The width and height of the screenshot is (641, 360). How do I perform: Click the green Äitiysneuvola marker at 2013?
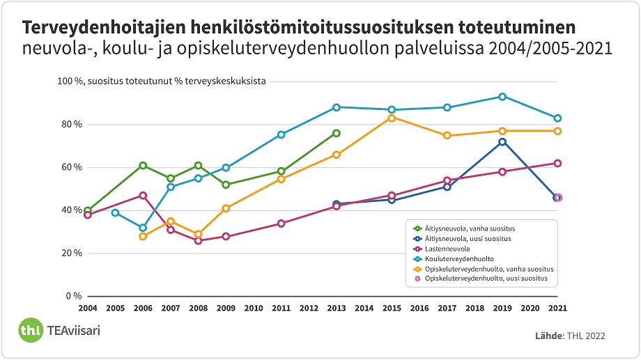coord(336,133)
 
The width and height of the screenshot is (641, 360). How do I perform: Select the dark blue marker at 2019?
coord(502,142)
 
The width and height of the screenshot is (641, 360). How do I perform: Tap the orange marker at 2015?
coord(392,118)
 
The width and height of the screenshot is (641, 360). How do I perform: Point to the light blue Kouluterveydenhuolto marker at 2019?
coord(502,97)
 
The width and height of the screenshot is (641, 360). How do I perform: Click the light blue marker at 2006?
coord(143,228)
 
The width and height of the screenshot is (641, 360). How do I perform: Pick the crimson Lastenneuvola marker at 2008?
coord(198,241)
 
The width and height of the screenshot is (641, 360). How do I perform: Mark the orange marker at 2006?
coord(143,237)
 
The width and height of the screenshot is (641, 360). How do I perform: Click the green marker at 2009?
coord(226,185)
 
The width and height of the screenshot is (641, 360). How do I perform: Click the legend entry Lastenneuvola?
coord(447,249)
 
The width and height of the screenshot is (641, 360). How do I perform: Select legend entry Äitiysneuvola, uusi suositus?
coord(468,239)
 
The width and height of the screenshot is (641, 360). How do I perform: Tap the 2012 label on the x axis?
coord(309,308)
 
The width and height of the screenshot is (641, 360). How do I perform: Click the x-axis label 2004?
coord(88,308)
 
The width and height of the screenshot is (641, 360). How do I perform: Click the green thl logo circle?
coord(30,330)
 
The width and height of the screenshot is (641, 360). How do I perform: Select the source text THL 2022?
coord(586,336)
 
